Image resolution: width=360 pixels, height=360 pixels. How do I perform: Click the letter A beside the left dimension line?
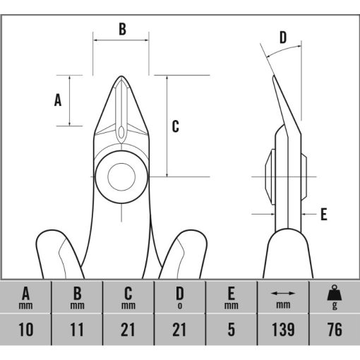58,100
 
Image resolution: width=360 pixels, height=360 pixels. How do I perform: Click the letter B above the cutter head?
122,29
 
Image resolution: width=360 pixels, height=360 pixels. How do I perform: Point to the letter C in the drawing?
176,126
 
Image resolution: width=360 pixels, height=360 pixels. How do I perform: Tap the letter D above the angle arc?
283,37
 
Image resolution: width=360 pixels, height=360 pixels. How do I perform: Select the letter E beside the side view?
324,215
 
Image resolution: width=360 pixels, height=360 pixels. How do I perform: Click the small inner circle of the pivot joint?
121,176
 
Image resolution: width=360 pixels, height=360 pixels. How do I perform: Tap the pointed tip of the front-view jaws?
121,76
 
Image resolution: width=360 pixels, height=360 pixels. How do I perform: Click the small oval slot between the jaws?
121,133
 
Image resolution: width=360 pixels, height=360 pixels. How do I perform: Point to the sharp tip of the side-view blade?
273,76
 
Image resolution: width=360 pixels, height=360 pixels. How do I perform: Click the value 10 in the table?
25,330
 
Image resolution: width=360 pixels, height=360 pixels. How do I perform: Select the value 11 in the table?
77,330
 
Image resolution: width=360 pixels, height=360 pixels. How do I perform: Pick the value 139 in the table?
283,330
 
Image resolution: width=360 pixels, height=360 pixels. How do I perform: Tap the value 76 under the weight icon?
335,330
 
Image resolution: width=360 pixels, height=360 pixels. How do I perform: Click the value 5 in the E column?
232,330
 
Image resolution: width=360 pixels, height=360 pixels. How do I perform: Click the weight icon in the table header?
335,292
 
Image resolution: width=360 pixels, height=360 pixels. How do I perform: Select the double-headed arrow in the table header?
283,294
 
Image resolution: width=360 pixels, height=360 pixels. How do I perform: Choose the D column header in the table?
180,297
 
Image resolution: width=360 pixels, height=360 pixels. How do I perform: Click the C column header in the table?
128,298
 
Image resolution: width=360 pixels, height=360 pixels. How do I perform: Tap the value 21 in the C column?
128,330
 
